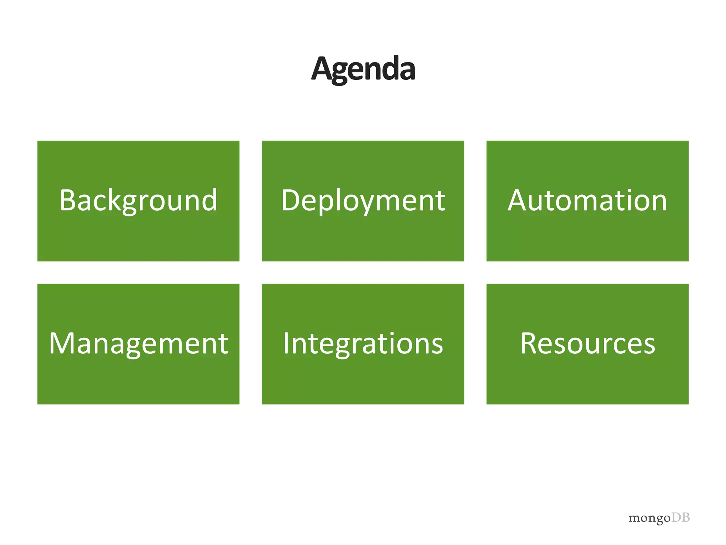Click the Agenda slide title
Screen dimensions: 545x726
click(363, 69)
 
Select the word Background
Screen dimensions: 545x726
click(138, 200)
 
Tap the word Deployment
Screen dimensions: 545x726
click(363, 200)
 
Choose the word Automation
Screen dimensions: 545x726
click(587, 200)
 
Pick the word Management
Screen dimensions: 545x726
click(138, 343)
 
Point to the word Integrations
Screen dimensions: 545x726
click(363, 343)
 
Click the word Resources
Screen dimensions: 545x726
click(587, 343)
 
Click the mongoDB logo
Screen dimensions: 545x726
click(659, 518)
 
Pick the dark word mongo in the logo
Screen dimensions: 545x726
click(649, 519)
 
